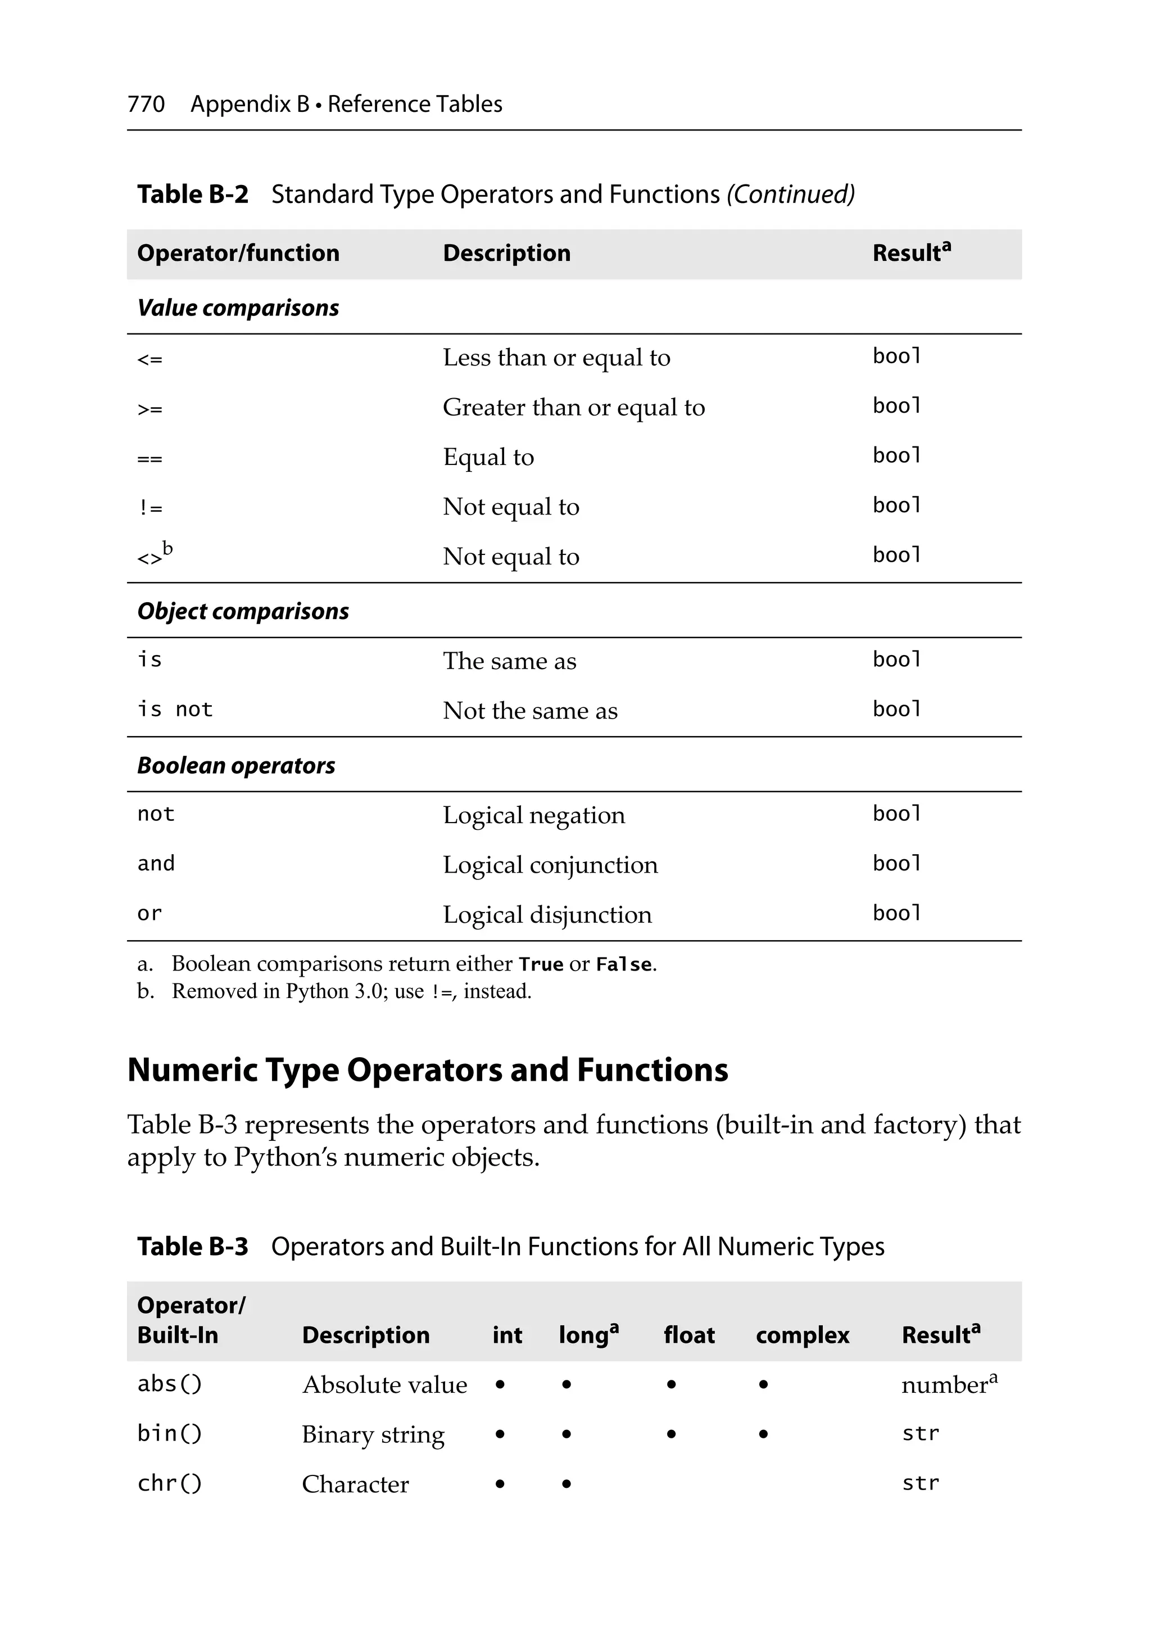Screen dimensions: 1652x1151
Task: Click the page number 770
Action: click(x=146, y=105)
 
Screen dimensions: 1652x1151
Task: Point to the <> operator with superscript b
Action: click(x=154, y=556)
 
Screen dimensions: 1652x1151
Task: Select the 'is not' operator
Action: click(x=175, y=710)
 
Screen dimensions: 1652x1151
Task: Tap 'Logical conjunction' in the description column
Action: click(x=550, y=865)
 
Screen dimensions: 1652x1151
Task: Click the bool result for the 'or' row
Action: click(x=896, y=913)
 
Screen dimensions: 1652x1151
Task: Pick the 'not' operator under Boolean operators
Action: click(x=155, y=814)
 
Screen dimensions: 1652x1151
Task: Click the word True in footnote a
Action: click(x=541, y=964)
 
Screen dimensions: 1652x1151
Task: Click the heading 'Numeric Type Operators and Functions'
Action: click(x=427, y=1070)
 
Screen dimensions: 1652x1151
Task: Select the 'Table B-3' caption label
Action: click(x=192, y=1246)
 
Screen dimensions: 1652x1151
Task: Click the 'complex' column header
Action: click(x=802, y=1335)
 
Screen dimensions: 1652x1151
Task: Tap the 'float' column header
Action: click(x=688, y=1335)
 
